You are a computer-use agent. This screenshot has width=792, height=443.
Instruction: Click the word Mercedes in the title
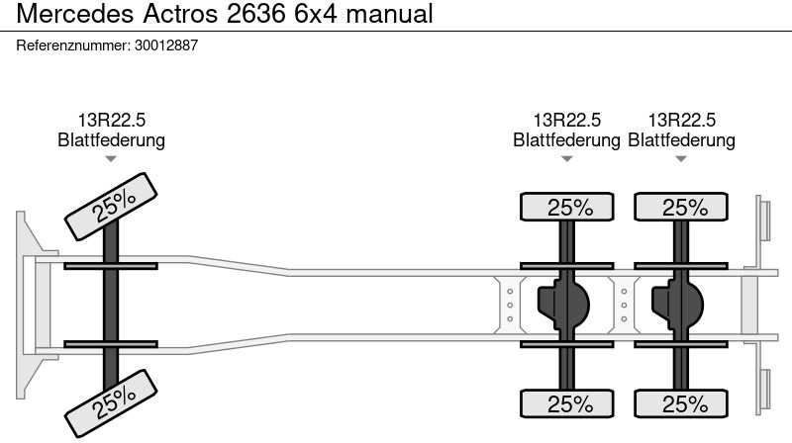(75, 14)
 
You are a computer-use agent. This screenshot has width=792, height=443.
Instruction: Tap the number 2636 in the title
(256, 14)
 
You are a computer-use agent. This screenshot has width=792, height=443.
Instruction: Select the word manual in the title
(389, 14)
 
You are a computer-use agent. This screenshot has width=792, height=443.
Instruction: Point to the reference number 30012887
(166, 45)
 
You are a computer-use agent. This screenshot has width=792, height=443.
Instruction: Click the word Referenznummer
(72, 45)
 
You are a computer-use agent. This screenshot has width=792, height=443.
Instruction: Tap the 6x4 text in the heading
(315, 14)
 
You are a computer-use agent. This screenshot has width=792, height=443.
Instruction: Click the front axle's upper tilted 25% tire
(111, 207)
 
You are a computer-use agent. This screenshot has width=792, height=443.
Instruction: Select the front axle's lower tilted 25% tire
(111, 403)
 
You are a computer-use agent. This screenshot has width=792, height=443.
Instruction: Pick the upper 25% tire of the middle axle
(567, 207)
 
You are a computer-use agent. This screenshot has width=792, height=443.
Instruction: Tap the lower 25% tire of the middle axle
(567, 403)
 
